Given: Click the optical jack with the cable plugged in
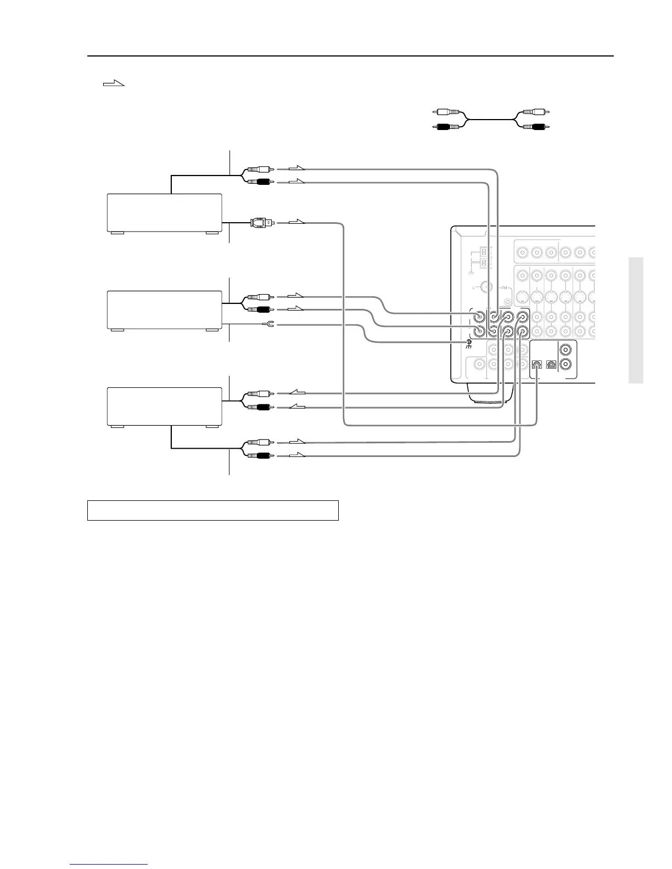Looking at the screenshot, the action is click(x=537, y=364).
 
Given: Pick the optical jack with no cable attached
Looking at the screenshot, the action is click(x=552, y=364).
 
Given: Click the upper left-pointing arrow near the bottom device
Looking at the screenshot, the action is click(x=296, y=392).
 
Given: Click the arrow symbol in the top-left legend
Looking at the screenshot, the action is click(x=114, y=83).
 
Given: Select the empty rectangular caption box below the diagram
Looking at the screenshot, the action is click(x=212, y=510).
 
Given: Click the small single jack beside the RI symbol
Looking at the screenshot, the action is click(x=507, y=301).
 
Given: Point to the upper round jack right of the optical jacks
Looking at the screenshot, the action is click(x=567, y=349).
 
